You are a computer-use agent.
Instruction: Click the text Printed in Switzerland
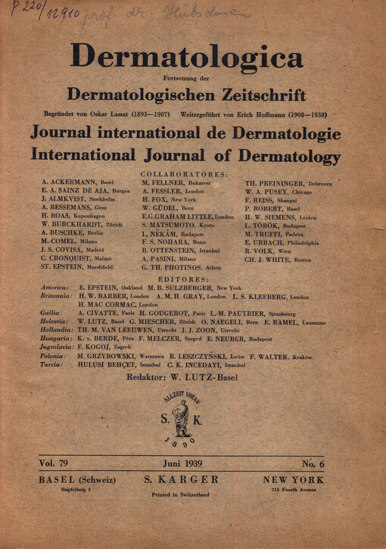179,494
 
